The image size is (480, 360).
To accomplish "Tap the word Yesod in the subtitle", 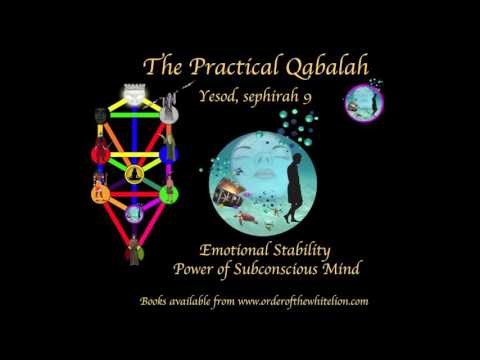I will coord(248,97).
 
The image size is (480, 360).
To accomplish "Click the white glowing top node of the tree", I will coord(133,92).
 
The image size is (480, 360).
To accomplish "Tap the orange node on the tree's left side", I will coord(99,187).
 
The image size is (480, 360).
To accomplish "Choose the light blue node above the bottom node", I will coord(133,213).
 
